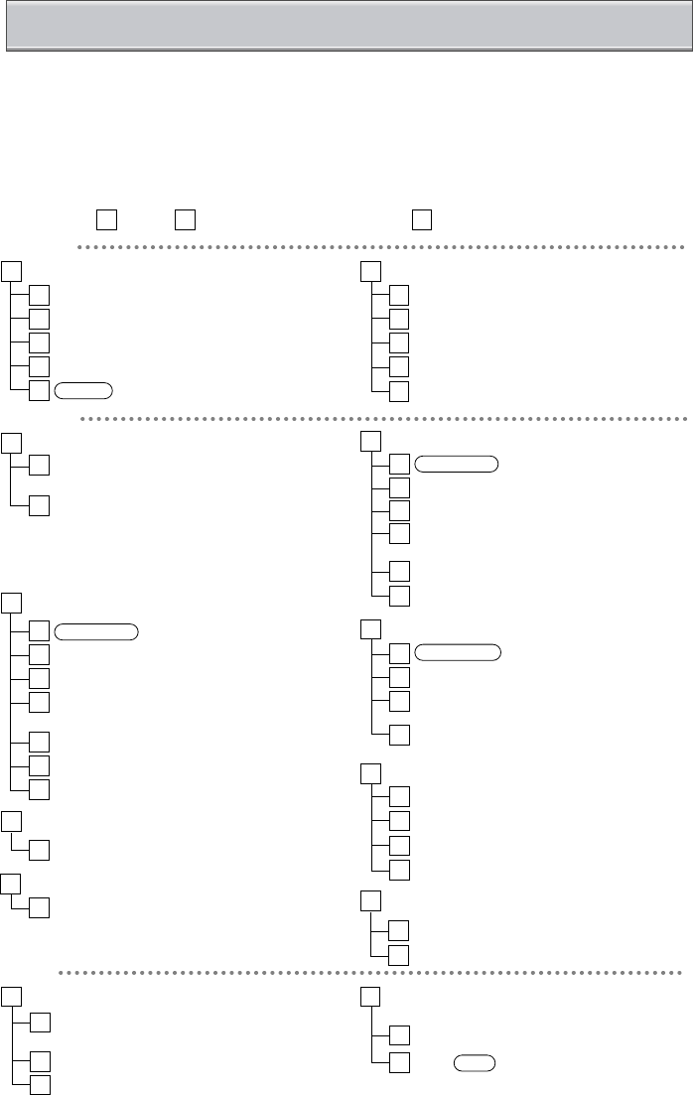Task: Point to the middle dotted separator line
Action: [382, 419]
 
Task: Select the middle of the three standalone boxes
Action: [183, 218]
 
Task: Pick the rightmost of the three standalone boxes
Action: [422, 218]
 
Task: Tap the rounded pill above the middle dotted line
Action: [84, 390]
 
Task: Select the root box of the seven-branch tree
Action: [11, 603]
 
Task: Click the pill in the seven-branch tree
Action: [96, 629]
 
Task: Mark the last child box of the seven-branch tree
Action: [39, 789]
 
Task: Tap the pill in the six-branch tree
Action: [457, 462]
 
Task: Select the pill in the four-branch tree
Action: [457, 652]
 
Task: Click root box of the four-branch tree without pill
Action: [370, 770]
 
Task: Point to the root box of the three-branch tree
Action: [11, 996]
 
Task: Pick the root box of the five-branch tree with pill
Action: [11, 269]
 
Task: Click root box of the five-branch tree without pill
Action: [370, 269]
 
